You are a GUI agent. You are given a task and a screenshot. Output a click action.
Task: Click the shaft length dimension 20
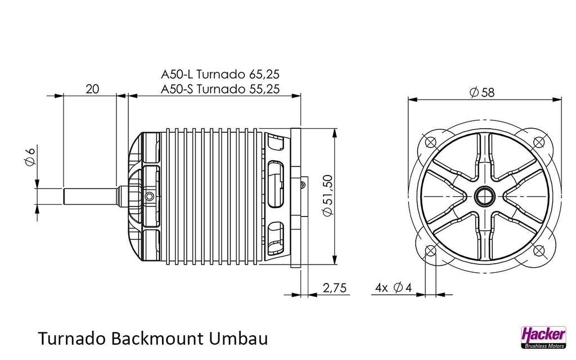pos(92,89)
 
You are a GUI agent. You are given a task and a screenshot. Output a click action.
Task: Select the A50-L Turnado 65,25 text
pos(220,75)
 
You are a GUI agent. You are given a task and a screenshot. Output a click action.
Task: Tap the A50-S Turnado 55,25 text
pos(220,89)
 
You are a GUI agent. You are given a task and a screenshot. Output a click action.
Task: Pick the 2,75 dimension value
pos(334,287)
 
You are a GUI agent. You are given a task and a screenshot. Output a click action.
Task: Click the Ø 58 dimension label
pos(482,92)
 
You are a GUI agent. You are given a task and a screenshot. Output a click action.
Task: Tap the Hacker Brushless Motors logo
pos(544,337)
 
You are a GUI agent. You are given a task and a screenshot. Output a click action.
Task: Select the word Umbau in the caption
pos(238,338)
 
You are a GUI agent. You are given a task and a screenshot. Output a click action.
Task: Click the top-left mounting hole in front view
pos(430,141)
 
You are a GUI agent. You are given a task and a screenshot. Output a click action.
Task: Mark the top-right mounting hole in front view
pos(538,141)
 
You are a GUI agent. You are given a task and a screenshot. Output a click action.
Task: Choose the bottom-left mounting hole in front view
pos(430,251)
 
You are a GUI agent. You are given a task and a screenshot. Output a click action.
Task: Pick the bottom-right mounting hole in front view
pos(538,251)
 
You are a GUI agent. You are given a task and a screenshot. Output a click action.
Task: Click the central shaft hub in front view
pos(484,196)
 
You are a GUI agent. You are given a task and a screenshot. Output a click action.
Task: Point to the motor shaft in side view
pos(91,196)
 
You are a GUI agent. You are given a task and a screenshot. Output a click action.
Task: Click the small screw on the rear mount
pos(303,184)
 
